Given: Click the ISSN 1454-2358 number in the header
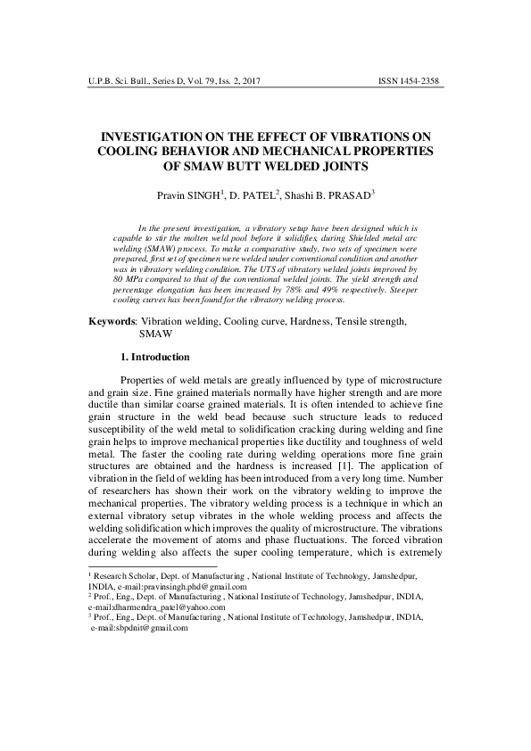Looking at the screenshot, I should pyautogui.click(x=411, y=81).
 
